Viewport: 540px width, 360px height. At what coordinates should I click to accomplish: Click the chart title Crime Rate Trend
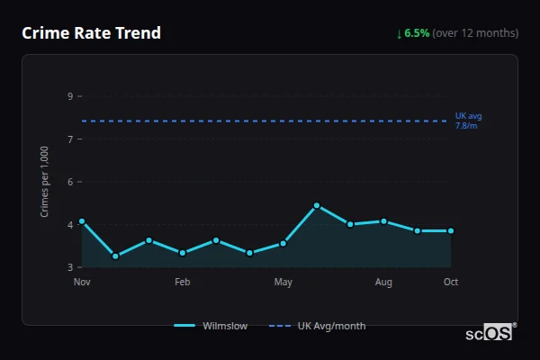click(91, 33)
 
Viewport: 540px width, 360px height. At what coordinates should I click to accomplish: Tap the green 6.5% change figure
click(417, 33)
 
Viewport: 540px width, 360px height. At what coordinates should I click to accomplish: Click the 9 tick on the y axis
click(69, 96)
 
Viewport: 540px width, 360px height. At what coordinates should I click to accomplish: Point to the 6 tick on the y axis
click(69, 182)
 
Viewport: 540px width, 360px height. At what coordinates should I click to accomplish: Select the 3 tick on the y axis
click(69, 267)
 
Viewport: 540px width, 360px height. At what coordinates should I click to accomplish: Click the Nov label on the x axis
click(82, 283)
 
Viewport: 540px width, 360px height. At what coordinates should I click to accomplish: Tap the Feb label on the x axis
click(182, 283)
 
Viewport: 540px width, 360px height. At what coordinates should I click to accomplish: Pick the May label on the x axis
click(283, 283)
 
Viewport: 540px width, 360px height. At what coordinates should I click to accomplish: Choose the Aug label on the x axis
click(383, 283)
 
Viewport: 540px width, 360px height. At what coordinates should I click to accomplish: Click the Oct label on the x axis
click(451, 283)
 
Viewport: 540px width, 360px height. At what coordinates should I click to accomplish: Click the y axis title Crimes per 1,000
click(45, 182)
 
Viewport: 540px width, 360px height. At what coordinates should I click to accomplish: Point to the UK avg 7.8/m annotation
click(468, 121)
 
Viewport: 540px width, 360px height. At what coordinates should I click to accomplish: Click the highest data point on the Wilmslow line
click(317, 206)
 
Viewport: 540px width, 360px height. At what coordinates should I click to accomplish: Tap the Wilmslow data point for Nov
click(82, 221)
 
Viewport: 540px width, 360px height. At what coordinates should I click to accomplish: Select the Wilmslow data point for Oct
click(451, 231)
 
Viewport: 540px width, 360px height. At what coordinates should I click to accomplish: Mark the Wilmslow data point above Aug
click(383, 221)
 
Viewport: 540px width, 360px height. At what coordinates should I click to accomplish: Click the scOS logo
click(490, 333)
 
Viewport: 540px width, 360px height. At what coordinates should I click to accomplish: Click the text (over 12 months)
click(475, 33)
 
